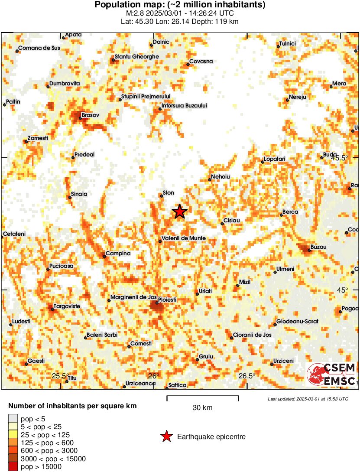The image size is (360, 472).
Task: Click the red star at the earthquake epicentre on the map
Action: click(x=179, y=212)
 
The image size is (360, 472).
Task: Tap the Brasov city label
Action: click(x=91, y=115)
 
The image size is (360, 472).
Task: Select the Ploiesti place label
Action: click(x=167, y=299)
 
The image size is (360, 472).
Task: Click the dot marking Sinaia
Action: click(x=70, y=198)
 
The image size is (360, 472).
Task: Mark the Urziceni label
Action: click(x=283, y=361)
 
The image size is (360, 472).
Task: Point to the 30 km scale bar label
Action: click(x=202, y=407)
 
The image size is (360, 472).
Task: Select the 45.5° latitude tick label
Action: click(x=340, y=158)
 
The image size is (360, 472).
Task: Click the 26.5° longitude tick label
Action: click(x=246, y=376)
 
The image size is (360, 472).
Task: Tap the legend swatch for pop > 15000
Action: click(x=13, y=466)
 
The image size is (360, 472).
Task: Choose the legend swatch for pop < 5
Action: click(x=13, y=418)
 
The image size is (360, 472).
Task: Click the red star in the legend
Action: click(x=166, y=436)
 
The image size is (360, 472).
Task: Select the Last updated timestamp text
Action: click(x=308, y=399)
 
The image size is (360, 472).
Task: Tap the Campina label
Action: click(x=118, y=254)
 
